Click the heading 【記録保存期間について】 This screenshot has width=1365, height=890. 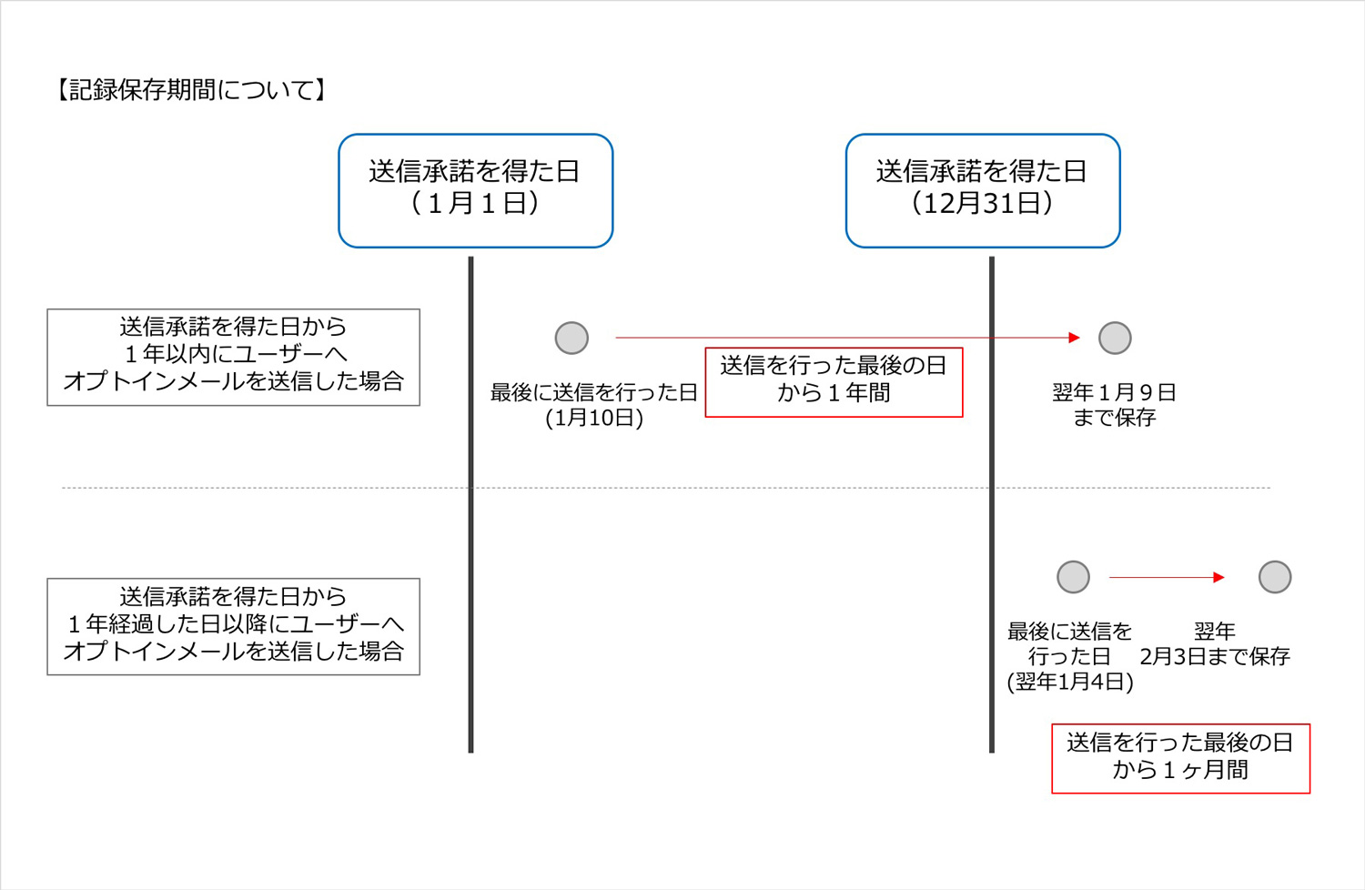(191, 90)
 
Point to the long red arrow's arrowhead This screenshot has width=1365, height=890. (1075, 337)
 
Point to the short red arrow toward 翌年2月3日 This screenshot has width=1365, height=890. (1167, 577)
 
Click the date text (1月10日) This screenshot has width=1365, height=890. (594, 419)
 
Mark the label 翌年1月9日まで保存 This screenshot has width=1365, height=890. (1114, 405)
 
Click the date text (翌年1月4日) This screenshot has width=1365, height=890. (1070, 682)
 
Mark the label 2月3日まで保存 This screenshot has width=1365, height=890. (1215, 656)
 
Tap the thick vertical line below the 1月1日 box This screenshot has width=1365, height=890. (470, 505)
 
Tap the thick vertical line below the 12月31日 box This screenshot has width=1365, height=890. (992, 505)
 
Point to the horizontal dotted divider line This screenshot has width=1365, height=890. (666, 488)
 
